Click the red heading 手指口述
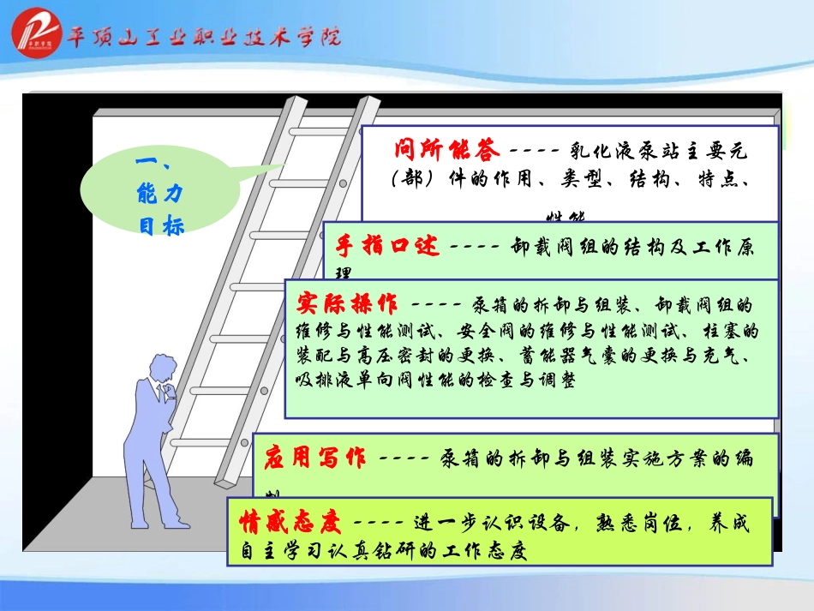pos(386,245)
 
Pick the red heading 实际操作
pos(348,303)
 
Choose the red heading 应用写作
pos(314,458)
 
